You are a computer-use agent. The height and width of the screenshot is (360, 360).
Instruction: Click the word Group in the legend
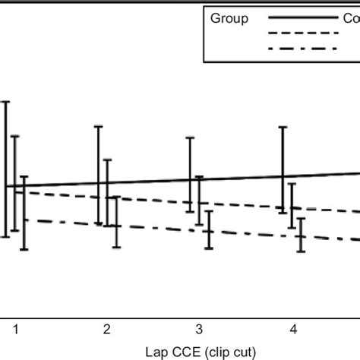click(229, 19)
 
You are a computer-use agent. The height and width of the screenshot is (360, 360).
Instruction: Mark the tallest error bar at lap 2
click(98, 175)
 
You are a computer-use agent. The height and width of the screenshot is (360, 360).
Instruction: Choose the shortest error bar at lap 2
click(115, 222)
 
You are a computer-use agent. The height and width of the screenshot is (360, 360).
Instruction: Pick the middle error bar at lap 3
click(199, 201)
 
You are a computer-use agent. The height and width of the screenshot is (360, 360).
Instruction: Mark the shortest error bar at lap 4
click(302, 235)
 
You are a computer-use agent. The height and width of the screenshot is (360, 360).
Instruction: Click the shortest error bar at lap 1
click(24, 213)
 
